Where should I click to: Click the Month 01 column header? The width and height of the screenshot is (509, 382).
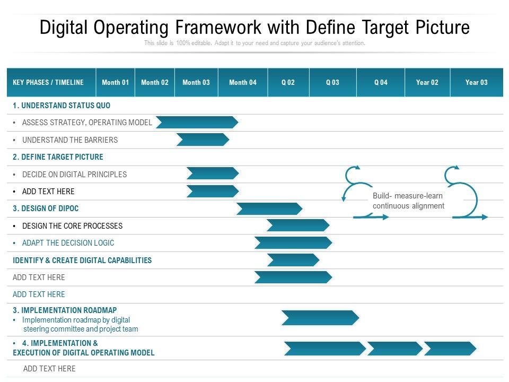(x=115, y=83)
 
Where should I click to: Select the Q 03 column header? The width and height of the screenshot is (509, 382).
(x=333, y=83)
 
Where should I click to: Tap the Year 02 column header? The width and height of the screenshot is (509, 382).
(x=427, y=83)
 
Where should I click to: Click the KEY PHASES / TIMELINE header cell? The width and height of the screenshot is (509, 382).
(x=51, y=83)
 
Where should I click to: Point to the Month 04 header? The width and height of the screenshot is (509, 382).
(x=243, y=83)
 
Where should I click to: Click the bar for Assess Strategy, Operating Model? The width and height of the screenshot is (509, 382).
(x=197, y=123)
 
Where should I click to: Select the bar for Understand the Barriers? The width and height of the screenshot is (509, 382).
(x=203, y=140)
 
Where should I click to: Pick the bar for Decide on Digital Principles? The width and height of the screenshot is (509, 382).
(x=213, y=173)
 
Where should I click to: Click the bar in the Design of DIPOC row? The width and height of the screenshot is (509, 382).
(x=269, y=209)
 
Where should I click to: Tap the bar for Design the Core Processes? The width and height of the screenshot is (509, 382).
(x=298, y=225)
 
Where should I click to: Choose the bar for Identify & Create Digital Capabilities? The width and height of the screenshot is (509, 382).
(x=293, y=260)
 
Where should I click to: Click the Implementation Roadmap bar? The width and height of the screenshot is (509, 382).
(x=320, y=318)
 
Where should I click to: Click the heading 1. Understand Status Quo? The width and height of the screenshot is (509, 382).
(x=62, y=106)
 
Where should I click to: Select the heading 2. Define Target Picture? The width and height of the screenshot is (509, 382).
(x=58, y=157)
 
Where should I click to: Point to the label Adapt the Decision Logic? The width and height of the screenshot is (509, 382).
(x=68, y=243)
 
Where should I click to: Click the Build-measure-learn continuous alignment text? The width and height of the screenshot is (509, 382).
(x=408, y=201)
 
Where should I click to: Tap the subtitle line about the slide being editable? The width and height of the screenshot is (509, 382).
(x=255, y=43)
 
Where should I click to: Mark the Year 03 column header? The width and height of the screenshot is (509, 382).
(x=477, y=83)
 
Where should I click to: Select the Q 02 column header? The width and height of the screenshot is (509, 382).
(x=288, y=83)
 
